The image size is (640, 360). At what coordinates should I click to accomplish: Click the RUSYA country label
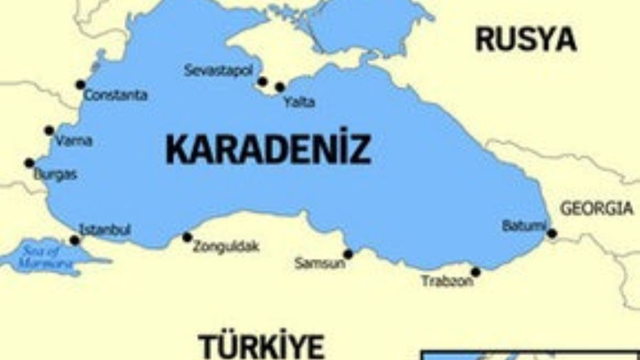coord(526,40)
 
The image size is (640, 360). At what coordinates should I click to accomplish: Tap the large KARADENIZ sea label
coord(268,149)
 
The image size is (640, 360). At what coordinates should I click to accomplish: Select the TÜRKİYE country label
coord(261,345)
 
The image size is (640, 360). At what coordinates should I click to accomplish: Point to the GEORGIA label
coord(596,208)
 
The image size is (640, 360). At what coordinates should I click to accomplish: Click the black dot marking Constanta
coord(80,84)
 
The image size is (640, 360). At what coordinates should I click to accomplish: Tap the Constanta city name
coord(115,95)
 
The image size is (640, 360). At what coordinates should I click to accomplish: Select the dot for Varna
coord(49,130)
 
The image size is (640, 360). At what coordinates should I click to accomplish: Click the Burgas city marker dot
coord(29,163)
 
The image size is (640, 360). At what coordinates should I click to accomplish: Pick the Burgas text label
coord(55,175)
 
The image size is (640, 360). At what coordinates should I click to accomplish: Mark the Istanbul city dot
coord(74,240)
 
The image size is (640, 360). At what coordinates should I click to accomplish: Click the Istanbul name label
coord(105,230)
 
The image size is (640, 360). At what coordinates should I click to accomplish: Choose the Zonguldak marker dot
coord(187,237)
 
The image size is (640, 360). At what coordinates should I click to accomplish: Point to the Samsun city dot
coord(348,254)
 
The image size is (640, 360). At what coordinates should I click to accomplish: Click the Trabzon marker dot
coord(475,272)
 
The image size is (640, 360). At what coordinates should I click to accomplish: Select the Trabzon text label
coord(447,281)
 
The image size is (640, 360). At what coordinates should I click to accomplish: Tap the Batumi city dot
coord(552,233)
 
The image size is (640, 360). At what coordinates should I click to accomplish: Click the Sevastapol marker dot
coord(262,81)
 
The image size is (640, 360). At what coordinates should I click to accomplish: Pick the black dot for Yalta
coord(280,87)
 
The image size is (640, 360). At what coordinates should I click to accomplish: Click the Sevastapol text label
coord(218,70)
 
